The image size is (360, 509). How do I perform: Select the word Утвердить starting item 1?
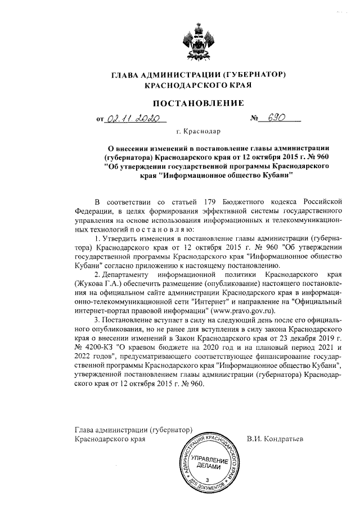pos(123,239)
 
